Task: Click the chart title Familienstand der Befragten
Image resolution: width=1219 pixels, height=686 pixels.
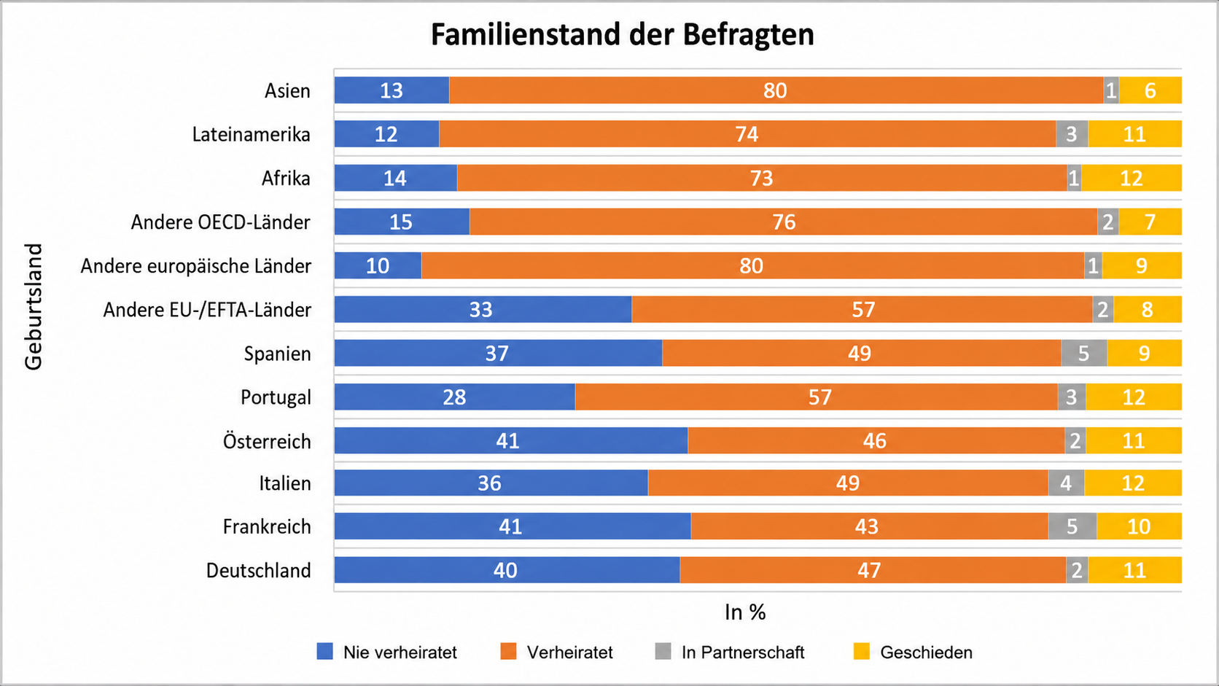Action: [x=622, y=34]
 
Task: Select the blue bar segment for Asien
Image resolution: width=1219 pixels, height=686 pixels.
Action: [x=392, y=90]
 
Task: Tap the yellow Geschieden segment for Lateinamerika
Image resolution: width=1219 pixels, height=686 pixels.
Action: [x=1134, y=134]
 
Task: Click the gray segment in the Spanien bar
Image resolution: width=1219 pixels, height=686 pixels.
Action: [x=1083, y=353]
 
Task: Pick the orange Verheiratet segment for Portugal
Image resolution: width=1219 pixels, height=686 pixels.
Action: [x=817, y=397]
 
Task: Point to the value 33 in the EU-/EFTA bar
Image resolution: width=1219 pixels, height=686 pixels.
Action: [x=480, y=310]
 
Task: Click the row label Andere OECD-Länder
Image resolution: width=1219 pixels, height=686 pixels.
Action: [x=220, y=222]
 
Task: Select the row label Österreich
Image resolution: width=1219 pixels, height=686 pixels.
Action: [x=267, y=440]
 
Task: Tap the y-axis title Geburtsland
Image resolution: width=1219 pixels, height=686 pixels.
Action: [x=34, y=307]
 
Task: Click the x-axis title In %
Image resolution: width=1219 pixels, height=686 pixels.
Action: [x=745, y=612]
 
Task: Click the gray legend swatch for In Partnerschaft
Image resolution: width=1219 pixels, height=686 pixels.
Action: [x=663, y=651]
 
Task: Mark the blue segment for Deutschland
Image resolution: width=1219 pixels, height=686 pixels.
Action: [x=507, y=570]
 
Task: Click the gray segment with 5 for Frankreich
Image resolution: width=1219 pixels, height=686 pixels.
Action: [x=1072, y=526]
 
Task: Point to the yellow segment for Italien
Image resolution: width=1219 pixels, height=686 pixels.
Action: [x=1133, y=483]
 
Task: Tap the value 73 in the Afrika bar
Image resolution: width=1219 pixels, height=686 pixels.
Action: [x=761, y=178]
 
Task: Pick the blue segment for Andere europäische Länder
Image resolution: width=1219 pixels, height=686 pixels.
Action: [x=378, y=265]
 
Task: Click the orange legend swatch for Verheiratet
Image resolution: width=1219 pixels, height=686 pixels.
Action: [x=508, y=651]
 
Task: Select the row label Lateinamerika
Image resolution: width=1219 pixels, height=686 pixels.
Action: [x=251, y=134]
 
